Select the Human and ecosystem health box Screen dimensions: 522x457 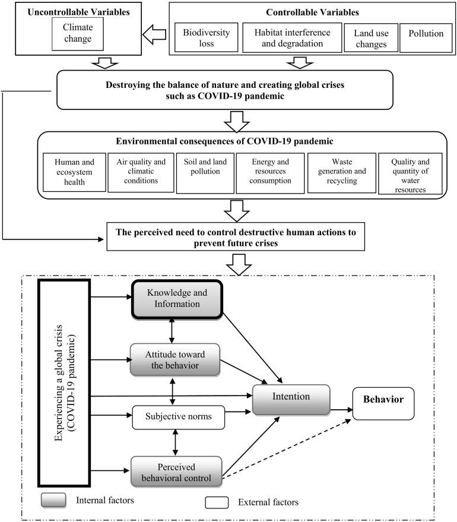(74, 173)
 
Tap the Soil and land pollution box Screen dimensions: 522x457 (204, 172)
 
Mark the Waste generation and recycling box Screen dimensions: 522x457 (341, 173)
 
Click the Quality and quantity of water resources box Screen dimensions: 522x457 (408, 173)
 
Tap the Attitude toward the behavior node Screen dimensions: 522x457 (174, 359)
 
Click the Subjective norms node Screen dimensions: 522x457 (177, 417)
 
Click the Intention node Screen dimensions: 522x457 (291, 399)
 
